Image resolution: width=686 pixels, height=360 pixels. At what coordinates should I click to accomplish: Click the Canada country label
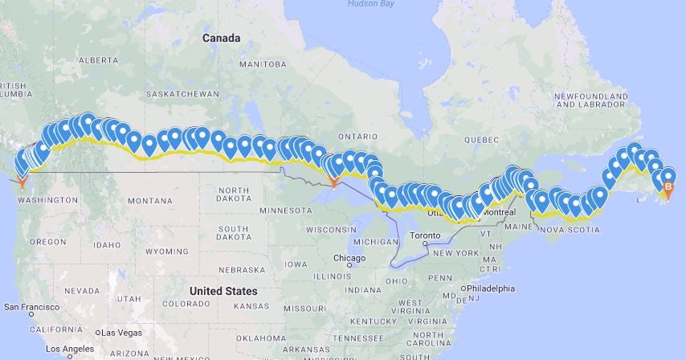(x=221, y=38)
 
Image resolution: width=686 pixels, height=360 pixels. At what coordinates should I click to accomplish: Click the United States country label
(x=223, y=291)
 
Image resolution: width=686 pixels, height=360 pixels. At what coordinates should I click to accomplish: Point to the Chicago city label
(x=349, y=258)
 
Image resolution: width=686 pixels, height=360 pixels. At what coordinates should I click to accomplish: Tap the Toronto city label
(x=425, y=236)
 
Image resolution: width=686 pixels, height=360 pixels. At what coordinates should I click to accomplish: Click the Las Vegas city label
(x=119, y=333)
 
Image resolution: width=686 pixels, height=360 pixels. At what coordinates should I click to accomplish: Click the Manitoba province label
(x=263, y=63)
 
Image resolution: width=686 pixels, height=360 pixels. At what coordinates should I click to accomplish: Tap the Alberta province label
(x=99, y=59)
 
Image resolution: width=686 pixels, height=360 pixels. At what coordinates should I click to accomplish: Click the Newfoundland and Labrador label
(x=592, y=100)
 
